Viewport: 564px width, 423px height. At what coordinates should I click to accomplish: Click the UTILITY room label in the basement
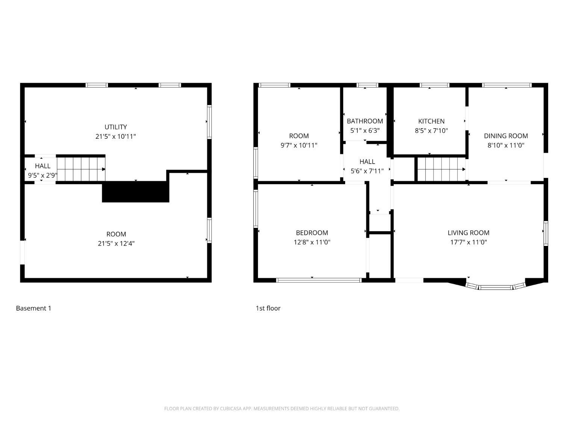(x=115, y=127)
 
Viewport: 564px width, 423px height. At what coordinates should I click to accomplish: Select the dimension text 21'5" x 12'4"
(x=116, y=244)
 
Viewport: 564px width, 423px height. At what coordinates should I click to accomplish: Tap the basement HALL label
(x=42, y=166)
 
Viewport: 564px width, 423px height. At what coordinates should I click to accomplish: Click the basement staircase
(x=81, y=169)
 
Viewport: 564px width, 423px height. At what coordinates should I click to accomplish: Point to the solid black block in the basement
(x=135, y=192)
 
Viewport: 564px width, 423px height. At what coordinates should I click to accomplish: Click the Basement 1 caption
(x=33, y=308)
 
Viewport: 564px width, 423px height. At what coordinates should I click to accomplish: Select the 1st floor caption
(x=268, y=308)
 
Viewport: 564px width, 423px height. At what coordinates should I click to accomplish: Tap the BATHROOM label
(x=365, y=121)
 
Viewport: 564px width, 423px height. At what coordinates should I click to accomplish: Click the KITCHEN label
(x=431, y=121)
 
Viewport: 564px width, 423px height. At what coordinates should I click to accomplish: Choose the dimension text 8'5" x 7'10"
(x=431, y=131)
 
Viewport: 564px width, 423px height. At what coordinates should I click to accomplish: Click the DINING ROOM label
(x=506, y=136)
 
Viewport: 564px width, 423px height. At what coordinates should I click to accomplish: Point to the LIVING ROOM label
(x=468, y=233)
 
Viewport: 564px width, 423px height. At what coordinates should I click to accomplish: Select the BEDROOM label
(x=312, y=233)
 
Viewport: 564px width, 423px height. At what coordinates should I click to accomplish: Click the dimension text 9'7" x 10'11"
(x=299, y=146)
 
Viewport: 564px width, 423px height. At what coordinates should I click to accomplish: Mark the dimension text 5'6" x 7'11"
(x=367, y=171)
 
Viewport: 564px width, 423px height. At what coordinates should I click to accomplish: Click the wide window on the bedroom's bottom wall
(x=319, y=280)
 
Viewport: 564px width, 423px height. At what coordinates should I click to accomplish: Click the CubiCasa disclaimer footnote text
(x=282, y=409)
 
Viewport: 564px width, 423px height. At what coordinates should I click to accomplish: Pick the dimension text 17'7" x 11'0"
(x=468, y=243)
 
